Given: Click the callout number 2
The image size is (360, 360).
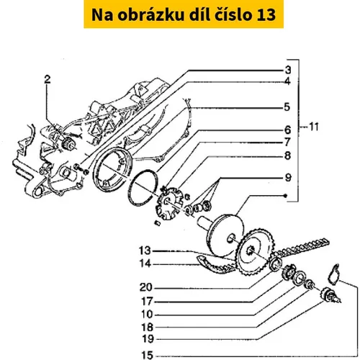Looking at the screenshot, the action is point(48,79).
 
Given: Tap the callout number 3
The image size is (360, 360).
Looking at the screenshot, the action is point(288,70).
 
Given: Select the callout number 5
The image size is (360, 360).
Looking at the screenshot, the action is point(287,107).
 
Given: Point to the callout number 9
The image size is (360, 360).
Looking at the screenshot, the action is point(288,178).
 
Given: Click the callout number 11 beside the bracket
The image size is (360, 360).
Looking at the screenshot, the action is point(314,127).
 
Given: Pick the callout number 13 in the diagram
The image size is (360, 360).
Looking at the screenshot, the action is point(145,251).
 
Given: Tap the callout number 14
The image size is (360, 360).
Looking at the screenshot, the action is point(145,264).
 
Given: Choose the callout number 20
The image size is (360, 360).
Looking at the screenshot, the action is point(146,287).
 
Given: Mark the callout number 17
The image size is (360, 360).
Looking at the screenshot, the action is point(147,301).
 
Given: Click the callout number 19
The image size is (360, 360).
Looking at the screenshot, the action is point(148,339).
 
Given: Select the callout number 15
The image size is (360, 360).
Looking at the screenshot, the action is point(147,355).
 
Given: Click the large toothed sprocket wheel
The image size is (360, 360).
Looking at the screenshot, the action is point(256,252).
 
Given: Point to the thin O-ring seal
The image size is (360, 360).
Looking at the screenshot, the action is point(143,187).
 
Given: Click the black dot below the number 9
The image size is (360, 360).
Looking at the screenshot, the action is point(285,196).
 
